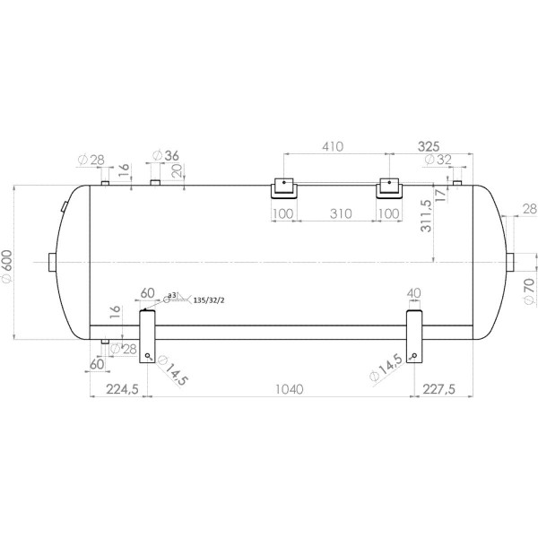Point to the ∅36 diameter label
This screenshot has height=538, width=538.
point(167,155)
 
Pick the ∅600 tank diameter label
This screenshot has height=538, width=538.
point(8,265)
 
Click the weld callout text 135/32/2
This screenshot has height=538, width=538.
point(208,299)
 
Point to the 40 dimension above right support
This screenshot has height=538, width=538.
point(414,293)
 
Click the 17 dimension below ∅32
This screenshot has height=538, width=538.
point(440,193)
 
